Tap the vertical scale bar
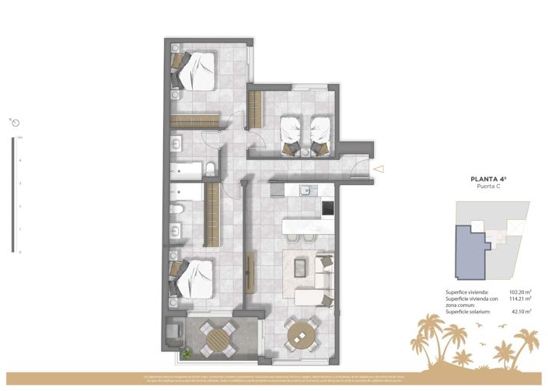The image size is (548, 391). coord(12,194)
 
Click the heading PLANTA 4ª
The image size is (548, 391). coord(489,179)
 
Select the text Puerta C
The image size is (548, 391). coord(489,187)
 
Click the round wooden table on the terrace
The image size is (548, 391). coord(217,337)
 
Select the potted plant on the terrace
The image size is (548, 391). coord(187,354)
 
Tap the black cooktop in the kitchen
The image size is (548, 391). coord(328,208)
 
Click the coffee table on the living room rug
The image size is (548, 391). coord(300,267)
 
